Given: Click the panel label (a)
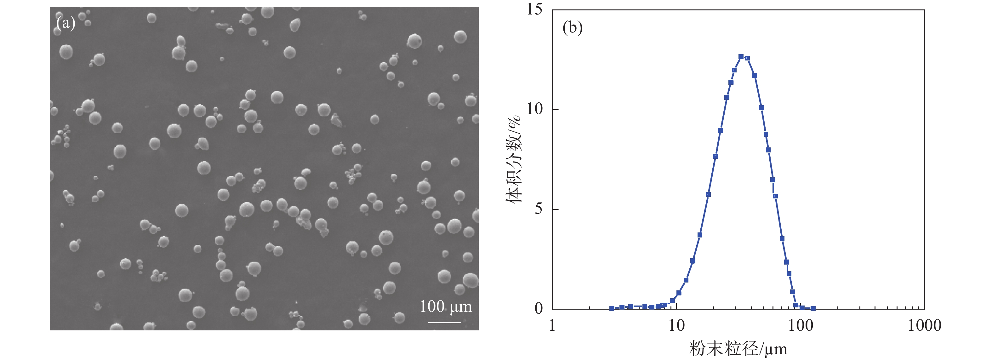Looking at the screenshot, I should point(66,23).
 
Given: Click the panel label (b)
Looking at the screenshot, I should point(572,28).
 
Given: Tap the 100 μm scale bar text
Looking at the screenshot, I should point(446,307).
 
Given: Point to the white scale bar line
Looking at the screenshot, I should point(444,322).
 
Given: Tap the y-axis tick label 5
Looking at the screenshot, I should point(539,209).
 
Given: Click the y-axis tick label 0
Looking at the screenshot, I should point(539,308).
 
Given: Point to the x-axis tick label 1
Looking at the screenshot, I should point(552,326).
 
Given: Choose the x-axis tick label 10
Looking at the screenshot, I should point(676,326).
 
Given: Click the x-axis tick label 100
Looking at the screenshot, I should point(801,326).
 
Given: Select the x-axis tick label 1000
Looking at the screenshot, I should point(924,326).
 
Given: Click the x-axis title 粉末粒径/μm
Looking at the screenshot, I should point(738,349).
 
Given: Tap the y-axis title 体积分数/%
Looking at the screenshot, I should point(513,159).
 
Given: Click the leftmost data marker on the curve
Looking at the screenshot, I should point(612,308).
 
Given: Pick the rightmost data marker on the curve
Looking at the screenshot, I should point(813,308).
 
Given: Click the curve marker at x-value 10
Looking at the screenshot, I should point(679,293).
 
